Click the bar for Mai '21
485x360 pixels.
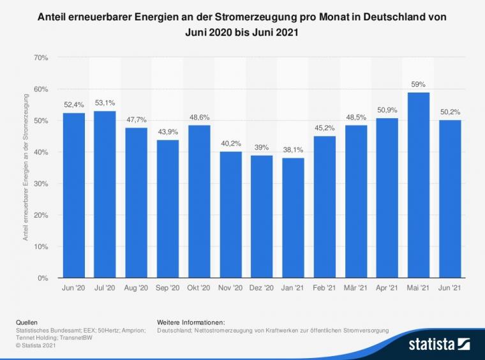tap(418, 185)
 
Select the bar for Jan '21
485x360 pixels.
tap(293, 218)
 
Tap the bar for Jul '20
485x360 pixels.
tap(105, 195)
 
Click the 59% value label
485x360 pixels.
tap(418, 84)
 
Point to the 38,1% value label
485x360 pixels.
tap(293, 149)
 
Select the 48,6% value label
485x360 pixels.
tap(199, 117)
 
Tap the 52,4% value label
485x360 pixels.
tap(73, 105)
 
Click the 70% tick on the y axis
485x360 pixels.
tap(40, 58)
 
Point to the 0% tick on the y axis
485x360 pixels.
tap(43, 278)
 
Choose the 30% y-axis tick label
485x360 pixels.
tap(40, 184)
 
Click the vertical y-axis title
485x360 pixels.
tap(26, 167)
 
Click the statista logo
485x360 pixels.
tap(440, 345)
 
